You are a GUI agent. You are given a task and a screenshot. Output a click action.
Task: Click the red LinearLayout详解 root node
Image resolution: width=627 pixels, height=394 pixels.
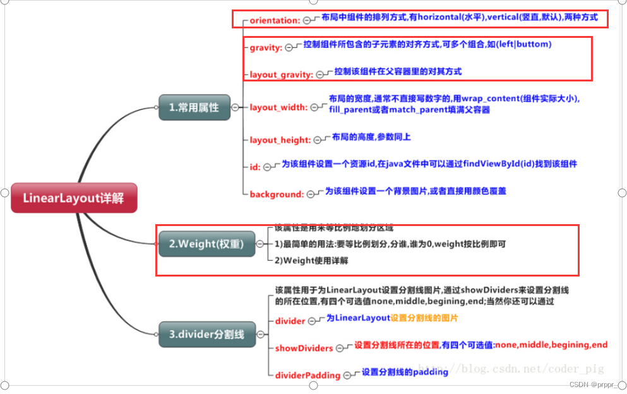73,198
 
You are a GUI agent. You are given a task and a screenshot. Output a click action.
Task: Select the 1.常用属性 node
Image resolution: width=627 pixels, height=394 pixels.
194,107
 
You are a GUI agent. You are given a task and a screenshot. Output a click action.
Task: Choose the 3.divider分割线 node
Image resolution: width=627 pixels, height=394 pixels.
206,334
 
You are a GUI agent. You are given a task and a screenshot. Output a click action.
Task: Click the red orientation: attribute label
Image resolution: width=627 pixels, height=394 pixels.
275,20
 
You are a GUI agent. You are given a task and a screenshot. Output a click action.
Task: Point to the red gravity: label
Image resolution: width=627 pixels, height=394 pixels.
265,47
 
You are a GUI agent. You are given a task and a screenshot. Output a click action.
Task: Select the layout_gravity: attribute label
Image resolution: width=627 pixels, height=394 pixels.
281,75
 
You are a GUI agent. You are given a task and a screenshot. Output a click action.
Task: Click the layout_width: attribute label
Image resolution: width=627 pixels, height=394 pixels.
278,107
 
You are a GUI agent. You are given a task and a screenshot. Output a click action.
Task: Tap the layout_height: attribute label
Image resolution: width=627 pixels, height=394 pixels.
280,140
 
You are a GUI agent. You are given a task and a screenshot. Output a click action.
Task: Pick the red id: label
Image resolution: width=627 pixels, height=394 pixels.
255,167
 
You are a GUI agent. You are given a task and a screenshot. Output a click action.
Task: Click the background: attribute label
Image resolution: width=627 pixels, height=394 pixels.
277,194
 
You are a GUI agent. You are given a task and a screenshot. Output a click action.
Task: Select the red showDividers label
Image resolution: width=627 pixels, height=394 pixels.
304,348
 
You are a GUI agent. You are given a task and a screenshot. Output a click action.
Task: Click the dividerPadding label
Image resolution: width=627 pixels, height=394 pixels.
308,375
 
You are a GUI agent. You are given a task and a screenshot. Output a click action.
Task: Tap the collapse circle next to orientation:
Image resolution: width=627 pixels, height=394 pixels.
308,20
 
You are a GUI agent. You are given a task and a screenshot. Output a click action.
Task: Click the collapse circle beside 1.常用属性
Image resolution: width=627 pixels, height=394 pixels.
235,107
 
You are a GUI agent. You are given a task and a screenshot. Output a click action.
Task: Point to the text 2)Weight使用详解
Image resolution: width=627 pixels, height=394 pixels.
311,260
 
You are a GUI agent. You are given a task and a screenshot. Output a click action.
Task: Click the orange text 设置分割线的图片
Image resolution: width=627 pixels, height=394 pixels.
424,318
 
